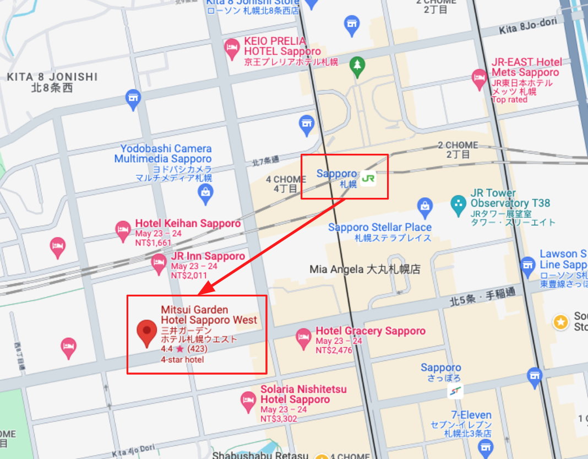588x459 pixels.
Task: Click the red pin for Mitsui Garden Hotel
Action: [146, 332]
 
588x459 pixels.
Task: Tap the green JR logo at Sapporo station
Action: [368, 178]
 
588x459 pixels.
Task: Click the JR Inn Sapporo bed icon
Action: [159, 263]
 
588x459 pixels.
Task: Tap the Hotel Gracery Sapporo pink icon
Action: [303, 338]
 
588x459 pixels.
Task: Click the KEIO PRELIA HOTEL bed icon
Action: [232, 50]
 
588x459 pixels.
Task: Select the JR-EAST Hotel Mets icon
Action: [480, 79]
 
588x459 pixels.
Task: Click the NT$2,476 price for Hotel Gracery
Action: [334, 350]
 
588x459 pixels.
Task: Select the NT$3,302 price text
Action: [279, 419]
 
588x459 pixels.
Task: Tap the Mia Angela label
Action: [365, 269]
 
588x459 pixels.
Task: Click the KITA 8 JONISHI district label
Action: [52, 77]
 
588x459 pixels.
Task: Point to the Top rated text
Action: [509, 100]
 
